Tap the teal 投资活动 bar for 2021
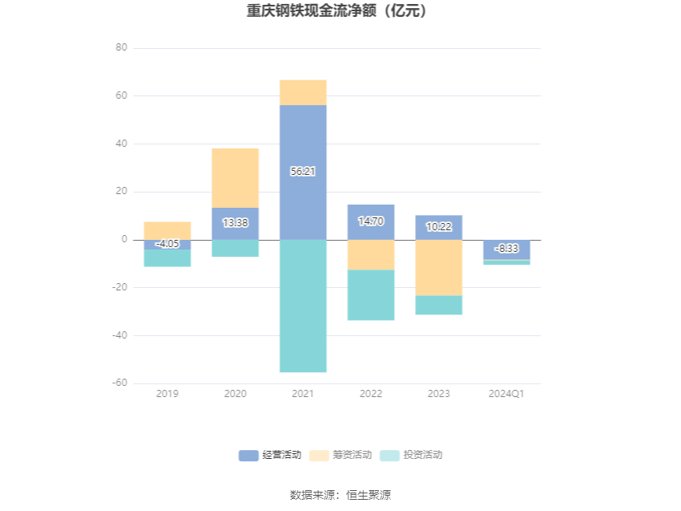pyautogui.click(x=303, y=306)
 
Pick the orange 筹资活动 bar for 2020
pyautogui.click(x=235, y=177)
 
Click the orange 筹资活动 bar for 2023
pyautogui.click(x=438, y=267)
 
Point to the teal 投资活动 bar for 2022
pyautogui.click(x=371, y=294)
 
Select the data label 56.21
pyautogui.click(x=303, y=171)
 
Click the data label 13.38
pyautogui.click(x=235, y=223)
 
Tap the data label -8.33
pyautogui.click(x=506, y=249)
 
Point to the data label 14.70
pyautogui.click(x=371, y=221)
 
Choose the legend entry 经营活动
pyautogui.click(x=271, y=455)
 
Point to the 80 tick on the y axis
pyautogui.click(x=122, y=48)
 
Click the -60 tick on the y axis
pyautogui.click(x=119, y=383)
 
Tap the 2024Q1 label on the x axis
pyautogui.click(x=506, y=394)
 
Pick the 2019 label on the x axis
pyautogui.click(x=167, y=394)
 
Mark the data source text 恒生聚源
pyautogui.click(x=369, y=495)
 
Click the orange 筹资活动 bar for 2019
pyautogui.click(x=167, y=230)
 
